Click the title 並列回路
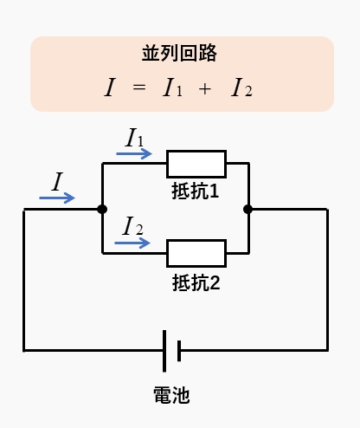tap(179, 53)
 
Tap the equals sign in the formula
tap(139, 87)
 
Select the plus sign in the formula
tap(205, 89)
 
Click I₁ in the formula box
tap(172, 88)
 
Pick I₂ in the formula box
tap(241, 88)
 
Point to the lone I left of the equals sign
tap(110, 88)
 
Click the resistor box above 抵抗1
tap(196, 164)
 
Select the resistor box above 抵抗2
tap(196, 253)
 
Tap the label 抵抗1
tap(196, 191)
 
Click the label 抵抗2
tap(196, 282)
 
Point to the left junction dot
tap(102, 209)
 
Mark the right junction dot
tap(248, 209)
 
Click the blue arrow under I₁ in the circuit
tap(134, 153)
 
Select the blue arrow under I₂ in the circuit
tap(132, 243)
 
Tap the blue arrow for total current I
tap(57, 198)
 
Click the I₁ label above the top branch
tap(134, 137)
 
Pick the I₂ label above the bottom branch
tap(132, 225)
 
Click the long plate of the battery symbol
tap(164, 351)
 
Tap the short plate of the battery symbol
tap(179, 351)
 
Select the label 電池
tap(171, 395)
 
